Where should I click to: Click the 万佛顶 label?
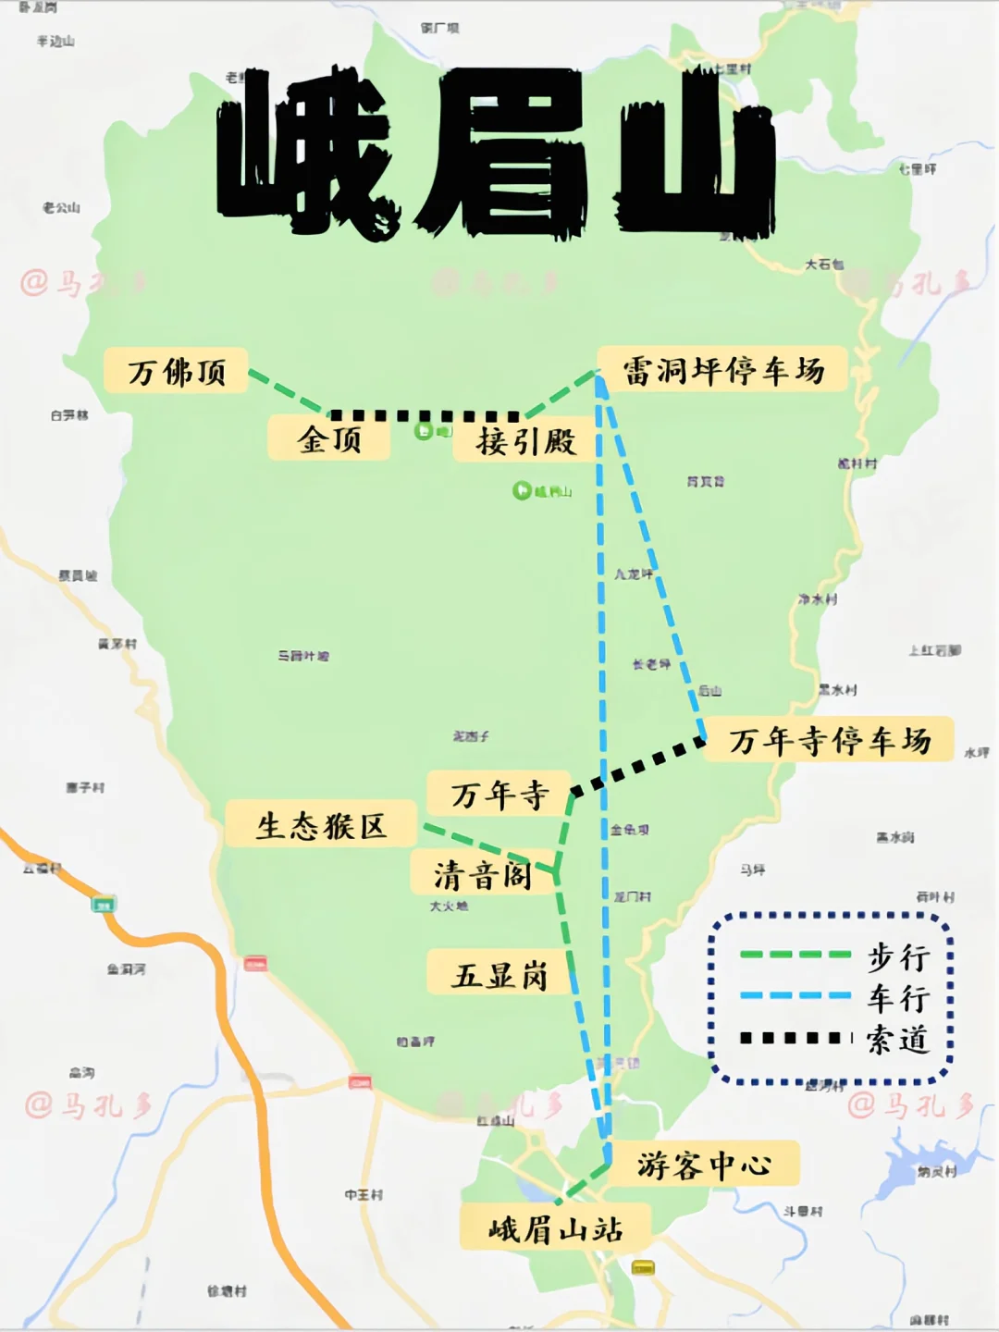click(x=176, y=372)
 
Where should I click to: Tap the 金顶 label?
click(x=329, y=438)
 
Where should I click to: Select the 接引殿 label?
click(x=525, y=441)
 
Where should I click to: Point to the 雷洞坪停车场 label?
click(x=722, y=370)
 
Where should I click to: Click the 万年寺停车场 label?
click(x=829, y=740)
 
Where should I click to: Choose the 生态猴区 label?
click(x=320, y=825)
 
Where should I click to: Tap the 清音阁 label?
click(x=482, y=874)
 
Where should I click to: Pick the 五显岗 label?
click(x=499, y=975)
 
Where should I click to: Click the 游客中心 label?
click(x=703, y=1165)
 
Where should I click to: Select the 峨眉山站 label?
click(x=555, y=1229)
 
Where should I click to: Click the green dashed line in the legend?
click(x=795, y=955)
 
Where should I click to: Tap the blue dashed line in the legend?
click(x=795, y=996)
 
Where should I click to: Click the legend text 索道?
click(x=897, y=1039)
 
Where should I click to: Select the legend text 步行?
click(x=897, y=956)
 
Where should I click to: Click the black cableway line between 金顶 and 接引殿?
click(x=425, y=416)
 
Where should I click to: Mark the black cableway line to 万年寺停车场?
click(x=638, y=766)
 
